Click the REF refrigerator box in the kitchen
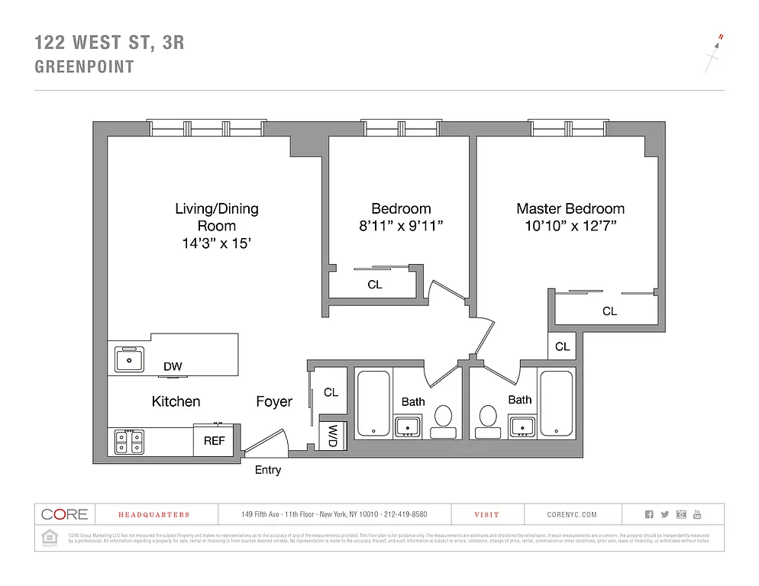pos(214,441)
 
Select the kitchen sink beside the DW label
pos(130,359)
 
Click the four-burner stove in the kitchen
pos(129,442)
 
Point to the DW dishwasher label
pos(173,367)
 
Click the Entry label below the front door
pos(267,470)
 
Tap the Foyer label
pos(273,401)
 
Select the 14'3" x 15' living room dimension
pos(217,244)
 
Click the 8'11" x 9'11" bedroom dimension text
pos(401,226)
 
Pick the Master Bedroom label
pos(570,208)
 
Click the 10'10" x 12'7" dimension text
pos(570,226)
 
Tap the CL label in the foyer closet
pos(331,393)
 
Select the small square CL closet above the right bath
pos(563,346)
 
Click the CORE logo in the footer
pos(64,515)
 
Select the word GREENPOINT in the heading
pos(85,66)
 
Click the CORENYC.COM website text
pos(572,515)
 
